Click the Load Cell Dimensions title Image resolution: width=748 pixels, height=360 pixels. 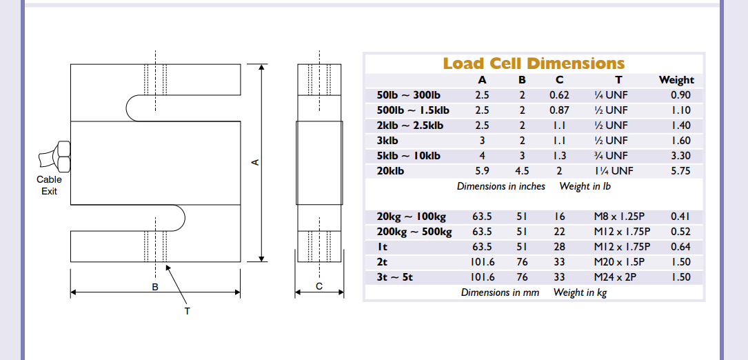click(x=534, y=63)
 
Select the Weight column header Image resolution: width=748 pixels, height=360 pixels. click(x=676, y=80)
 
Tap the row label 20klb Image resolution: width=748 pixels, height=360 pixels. click(x=390, y=171)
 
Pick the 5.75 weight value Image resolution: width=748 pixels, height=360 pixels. click(x=680, y=171)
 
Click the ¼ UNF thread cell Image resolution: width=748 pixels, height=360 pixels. click(x=611, y=95)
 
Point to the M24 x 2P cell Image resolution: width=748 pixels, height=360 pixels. click(x=615, y=277)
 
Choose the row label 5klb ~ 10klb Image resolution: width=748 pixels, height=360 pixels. click(x=408, y=156)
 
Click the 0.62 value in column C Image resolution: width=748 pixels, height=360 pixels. click(x=559, y=95)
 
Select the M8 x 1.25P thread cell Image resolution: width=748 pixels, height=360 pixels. click(x=619, y=217)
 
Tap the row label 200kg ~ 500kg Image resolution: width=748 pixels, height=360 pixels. click(x=414, y=232)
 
